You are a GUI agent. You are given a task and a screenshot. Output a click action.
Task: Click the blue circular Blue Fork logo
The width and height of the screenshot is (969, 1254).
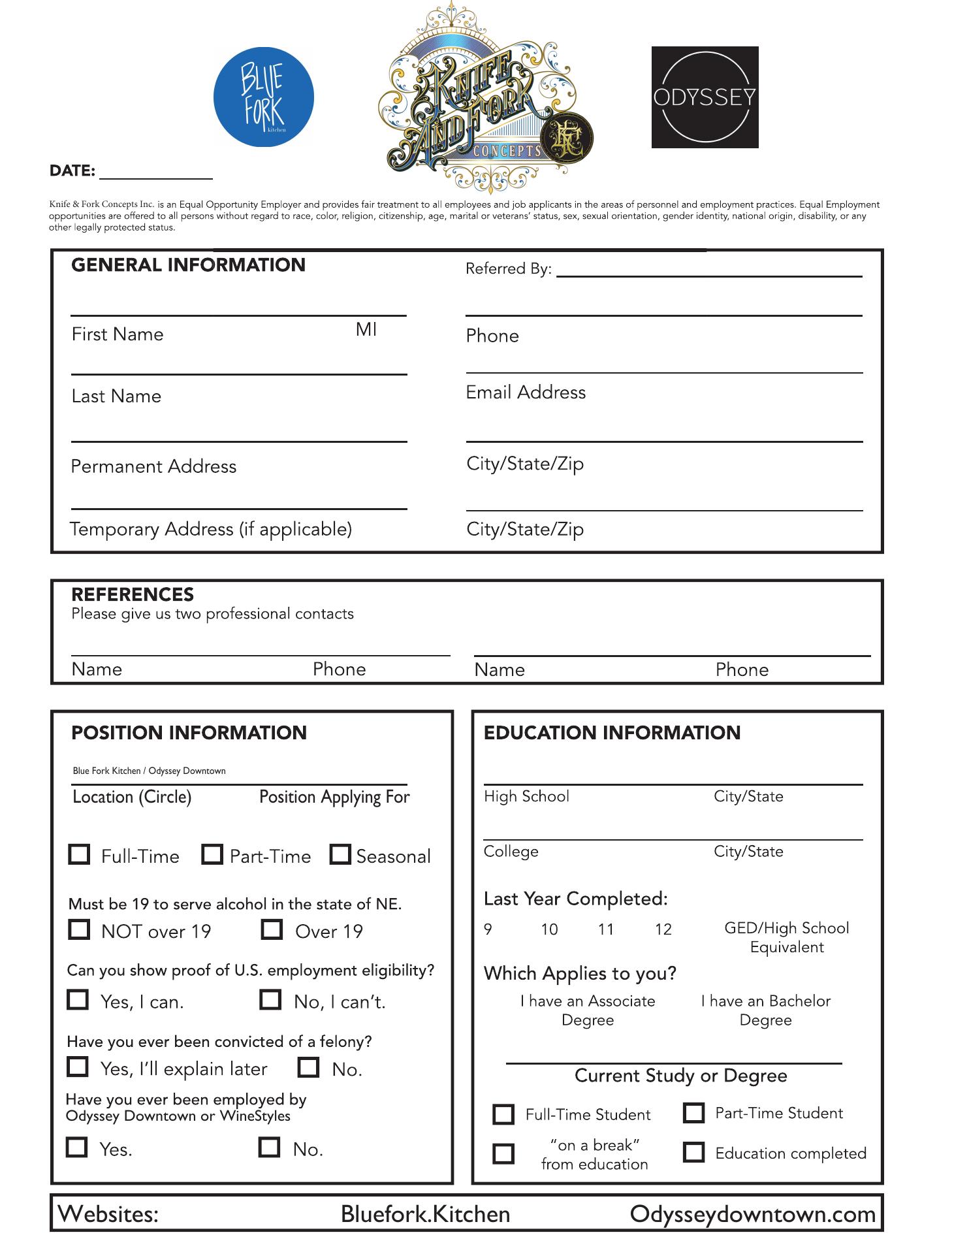(263, 97)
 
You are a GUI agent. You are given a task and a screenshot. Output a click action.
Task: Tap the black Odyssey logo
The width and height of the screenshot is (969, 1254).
(705, 97)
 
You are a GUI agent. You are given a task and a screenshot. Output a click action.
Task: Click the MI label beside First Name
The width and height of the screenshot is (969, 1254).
(366, 330)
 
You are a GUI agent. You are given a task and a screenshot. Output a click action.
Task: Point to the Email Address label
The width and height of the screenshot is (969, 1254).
(526, 393)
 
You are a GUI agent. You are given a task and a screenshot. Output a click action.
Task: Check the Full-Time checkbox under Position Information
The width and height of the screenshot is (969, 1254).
(79, 855)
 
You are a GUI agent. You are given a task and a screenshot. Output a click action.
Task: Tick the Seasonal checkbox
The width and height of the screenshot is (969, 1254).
(340, 855)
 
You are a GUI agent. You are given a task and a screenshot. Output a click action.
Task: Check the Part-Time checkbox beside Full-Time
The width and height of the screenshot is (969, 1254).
(212, 855)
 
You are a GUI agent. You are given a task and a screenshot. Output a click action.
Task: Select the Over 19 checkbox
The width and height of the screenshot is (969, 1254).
(272, 929)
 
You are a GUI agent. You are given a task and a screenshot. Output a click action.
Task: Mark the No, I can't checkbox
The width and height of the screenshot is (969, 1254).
(270, 1000)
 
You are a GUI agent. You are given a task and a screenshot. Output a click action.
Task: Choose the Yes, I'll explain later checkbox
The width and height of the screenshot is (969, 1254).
(78, 1067)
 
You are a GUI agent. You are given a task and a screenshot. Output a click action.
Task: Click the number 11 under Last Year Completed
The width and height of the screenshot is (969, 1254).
(606, 929)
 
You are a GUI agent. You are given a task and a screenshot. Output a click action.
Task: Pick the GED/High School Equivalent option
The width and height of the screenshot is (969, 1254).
(787, 938)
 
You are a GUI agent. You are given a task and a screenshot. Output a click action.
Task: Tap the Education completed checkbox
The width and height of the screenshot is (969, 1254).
(693, 1153)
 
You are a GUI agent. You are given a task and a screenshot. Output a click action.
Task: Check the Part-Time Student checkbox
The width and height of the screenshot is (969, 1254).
(693, 1113)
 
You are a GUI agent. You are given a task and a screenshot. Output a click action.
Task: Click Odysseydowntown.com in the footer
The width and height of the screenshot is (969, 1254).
(752, 1214)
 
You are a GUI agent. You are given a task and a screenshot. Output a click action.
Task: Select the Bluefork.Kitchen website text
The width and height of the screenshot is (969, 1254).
(425, 1214)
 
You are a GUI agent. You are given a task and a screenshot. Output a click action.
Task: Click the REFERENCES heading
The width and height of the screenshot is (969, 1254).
(133, 594)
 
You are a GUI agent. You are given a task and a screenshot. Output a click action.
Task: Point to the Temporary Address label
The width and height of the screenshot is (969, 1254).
(211, 529)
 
